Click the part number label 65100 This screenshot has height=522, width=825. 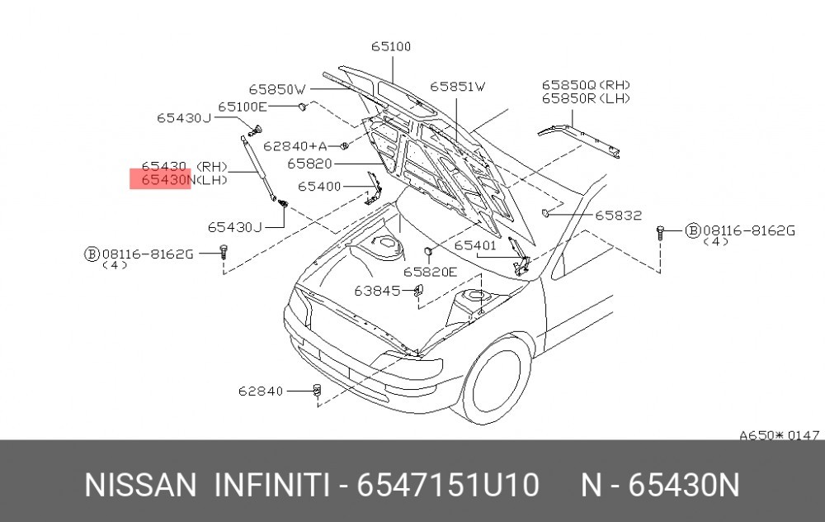click(391, 46)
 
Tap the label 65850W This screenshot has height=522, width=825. click(277, 89)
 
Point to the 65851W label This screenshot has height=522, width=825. click(458, 87)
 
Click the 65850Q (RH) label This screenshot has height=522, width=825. click(586, 85)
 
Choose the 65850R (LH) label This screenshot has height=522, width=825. click(586, 98)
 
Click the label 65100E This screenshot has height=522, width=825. click(243, 107)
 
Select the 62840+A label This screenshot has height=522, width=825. click(295, 146)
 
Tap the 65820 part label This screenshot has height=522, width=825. click(310, 164)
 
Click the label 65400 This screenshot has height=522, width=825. click(319, 187)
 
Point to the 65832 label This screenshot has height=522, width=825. click(619, 215)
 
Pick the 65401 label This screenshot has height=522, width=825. click(475, 245)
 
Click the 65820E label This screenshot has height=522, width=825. click(431, 272)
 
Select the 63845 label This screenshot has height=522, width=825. click(377, 291)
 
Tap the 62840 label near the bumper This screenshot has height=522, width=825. click(261, 391)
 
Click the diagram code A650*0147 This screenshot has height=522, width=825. click(780, 435)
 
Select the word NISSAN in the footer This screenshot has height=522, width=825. click(140, 485)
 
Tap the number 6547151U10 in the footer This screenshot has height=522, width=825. click(448, 485)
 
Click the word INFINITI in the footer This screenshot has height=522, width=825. click(272, 485)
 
